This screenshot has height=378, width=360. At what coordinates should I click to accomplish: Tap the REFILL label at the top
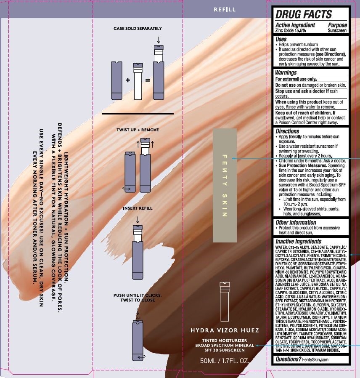(225, 10)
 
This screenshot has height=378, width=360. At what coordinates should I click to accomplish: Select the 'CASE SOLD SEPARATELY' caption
(138, 29)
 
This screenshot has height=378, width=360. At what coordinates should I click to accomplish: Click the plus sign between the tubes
(127, 80)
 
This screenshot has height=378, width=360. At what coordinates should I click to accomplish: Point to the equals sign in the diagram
(147, 80)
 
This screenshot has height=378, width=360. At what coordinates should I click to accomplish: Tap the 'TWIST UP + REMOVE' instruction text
(138, 130)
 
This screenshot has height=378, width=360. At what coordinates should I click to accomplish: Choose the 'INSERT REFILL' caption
(138, 208)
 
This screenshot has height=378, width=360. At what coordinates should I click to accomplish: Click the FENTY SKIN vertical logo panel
(225, 185)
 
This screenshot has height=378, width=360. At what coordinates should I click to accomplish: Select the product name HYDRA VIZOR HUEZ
(225, 330)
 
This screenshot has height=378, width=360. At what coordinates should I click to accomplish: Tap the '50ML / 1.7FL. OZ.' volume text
(225, 361)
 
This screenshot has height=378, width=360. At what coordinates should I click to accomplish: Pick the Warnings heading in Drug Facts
(286, 72)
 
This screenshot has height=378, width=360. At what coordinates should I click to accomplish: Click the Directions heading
(287, 131)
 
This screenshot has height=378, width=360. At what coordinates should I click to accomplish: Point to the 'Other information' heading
(296, 222)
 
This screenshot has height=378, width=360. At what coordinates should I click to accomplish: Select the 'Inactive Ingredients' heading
(298, 242)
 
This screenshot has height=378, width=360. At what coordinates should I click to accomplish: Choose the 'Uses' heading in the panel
(281, 39)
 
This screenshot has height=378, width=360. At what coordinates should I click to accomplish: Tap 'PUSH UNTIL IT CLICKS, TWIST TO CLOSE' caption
(138, 298)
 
